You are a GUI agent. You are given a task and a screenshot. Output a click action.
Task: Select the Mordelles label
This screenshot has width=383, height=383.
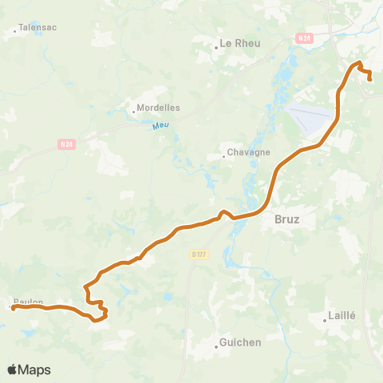158,107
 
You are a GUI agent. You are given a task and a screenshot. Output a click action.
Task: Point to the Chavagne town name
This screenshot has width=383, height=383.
249,152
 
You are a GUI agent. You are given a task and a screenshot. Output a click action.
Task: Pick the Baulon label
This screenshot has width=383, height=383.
28,302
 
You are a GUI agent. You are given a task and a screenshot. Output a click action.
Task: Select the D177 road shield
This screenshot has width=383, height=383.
199,254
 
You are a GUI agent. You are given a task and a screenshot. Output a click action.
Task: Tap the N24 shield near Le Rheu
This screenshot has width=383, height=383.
303,38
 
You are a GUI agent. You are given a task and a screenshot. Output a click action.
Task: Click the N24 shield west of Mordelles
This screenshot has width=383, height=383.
67,144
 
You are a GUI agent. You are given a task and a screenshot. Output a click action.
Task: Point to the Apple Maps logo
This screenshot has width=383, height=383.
30,369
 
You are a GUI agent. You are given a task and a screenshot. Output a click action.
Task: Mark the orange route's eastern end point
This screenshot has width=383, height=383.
370,79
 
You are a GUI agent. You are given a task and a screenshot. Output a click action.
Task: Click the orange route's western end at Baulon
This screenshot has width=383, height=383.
14,307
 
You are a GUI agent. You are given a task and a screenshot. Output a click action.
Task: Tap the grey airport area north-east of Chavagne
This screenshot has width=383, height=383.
311,118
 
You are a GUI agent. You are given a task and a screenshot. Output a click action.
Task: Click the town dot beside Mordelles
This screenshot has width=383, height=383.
133,112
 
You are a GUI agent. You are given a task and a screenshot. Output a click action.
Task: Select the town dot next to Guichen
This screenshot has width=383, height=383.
215,347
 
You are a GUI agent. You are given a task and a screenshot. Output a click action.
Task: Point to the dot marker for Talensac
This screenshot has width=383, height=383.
15,32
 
